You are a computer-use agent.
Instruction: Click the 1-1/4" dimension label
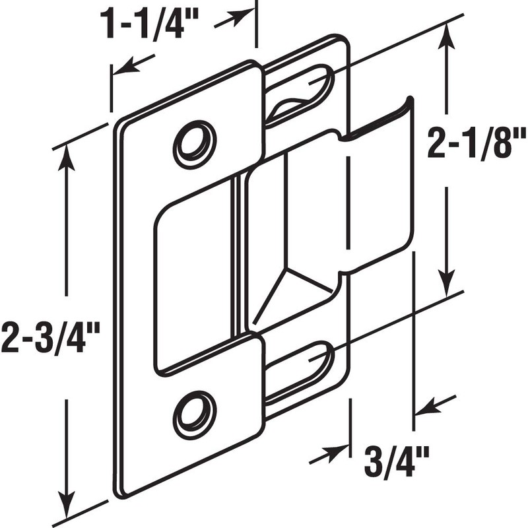pos(150,24)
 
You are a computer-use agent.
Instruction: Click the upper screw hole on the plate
pos(195,141)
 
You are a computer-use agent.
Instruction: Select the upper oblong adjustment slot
pos(300,93)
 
